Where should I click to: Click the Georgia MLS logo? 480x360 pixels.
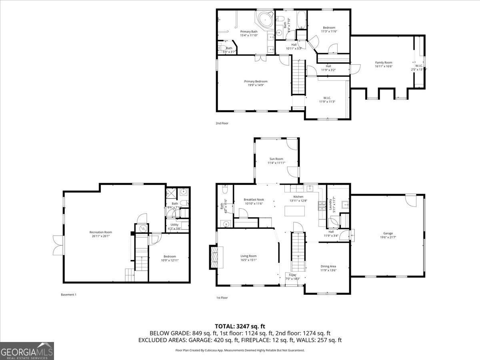(x=27, y=351)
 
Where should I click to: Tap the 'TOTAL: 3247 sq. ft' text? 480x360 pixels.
(x=240, y=326)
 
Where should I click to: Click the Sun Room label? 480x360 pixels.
(x=276, y=161)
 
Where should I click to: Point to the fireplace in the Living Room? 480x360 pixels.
(x=214, y=256)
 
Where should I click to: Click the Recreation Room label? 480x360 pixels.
(x=100, y=234)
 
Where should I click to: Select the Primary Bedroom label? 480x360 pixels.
(x=256, y=83)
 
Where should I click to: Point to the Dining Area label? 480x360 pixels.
(x=328, y=268)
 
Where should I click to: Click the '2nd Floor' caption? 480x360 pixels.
(x=222, y=123)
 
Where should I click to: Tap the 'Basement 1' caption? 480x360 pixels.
(x=68, y=295)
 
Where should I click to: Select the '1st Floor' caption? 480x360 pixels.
(x=222, y=298)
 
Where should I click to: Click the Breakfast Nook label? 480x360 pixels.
(x=254, y=201)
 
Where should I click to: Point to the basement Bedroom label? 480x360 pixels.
(x=169, y=258)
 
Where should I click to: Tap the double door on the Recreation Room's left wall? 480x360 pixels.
(x=57, y=245)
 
